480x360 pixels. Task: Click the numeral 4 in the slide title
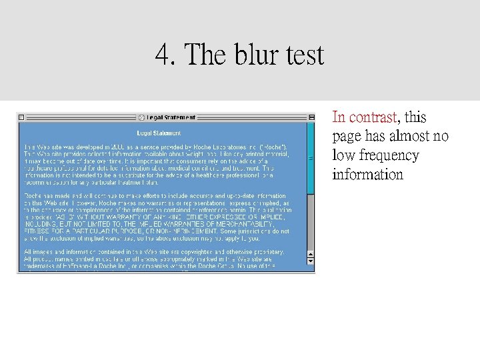(x=162, y=54)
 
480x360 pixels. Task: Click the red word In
(x=339, y=118)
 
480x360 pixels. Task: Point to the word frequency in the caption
(x=386, y=156)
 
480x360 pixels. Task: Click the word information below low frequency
(x=367, y=175)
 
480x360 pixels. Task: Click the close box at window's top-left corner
(x=21, y=117)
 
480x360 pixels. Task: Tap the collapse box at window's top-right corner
(x=311, y=117)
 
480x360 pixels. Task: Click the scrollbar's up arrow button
(x=311, y=253)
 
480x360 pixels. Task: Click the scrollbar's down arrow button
(x=311, y=261)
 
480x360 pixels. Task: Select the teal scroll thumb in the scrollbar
(x=311, y=158)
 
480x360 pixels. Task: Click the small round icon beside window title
(x=141, y=117)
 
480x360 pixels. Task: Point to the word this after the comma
(x=415, y=118)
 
